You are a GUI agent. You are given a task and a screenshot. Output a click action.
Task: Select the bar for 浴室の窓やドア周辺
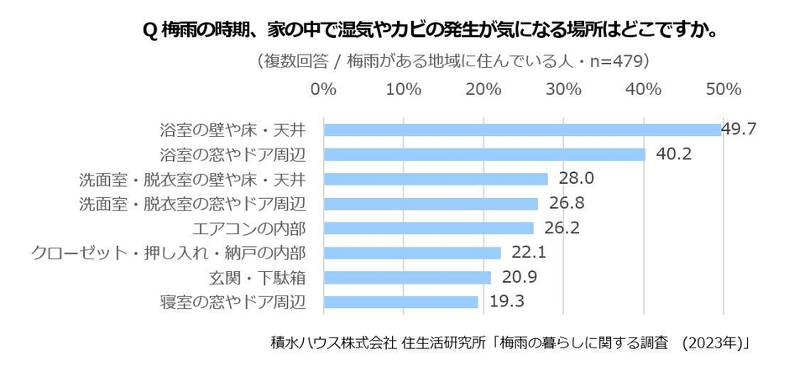pyautogui.click(x=484, y=154)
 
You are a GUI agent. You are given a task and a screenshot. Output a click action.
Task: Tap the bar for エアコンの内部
pyautogui.click(x=428, y=228)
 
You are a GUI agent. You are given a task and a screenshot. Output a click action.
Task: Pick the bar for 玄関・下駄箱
pyautogui.click(x=407, y=277)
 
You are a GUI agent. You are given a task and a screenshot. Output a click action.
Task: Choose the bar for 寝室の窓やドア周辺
pyautogui.click(x=400, y=301)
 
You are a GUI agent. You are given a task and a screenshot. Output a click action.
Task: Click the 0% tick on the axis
pyautogui.click(x=324, y=89)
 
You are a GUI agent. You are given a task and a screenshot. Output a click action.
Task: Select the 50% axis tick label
pyautogui.click(x=724, y=89)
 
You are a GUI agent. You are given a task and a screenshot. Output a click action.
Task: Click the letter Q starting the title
pyautogui.click(x=149, y=31)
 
